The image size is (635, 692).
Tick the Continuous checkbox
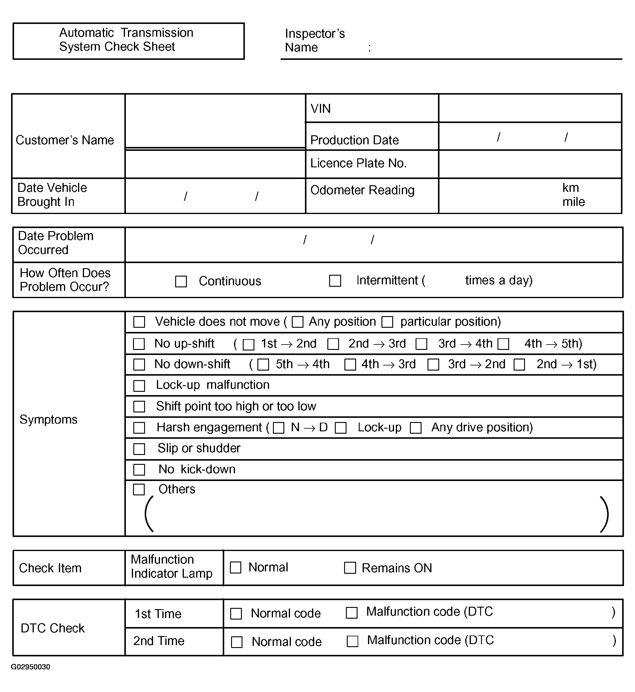point(181,281)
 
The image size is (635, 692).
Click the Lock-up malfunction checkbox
point(139,386)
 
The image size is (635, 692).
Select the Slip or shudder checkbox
point(139,449)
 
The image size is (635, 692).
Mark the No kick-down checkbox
point(139,470)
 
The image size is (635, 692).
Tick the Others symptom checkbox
point(139,489)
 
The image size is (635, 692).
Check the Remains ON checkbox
point(350,568)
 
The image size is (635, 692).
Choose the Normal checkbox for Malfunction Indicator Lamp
point(235,567)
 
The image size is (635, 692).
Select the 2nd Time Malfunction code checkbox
point(352,641)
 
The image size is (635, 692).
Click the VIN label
point(320,109)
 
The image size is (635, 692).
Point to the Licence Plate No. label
point(358,163)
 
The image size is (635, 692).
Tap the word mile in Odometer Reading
point(573,202)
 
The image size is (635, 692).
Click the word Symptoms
point(48,420)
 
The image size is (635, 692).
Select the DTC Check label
point(53,628)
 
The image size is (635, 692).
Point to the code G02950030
point(30,667)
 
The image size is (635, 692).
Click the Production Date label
point(354,140)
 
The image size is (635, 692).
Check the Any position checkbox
point(297,322)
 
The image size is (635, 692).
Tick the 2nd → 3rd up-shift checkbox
point(333,344)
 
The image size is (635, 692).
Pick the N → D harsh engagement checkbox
point(278,428)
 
